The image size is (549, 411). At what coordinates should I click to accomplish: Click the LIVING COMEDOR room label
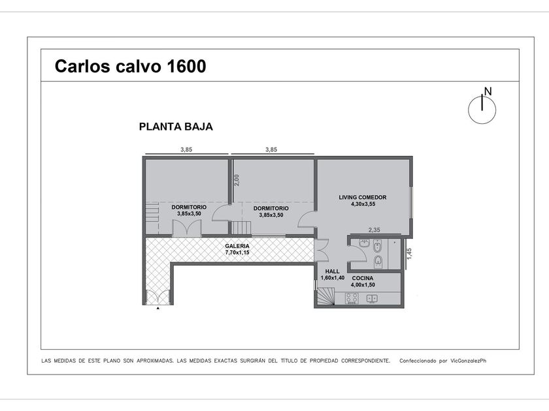(x=362, y=197)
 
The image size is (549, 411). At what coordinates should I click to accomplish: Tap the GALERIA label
(x=237, y=246)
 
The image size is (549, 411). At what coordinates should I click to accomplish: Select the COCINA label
(x=363, y=278)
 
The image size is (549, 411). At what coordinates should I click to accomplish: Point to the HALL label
(x=332, y=271)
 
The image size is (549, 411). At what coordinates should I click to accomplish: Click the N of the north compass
(x=488, y=91)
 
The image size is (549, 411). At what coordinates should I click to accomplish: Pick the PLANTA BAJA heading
(x=176, y=127)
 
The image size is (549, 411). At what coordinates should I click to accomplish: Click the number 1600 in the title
(x=187, y=66)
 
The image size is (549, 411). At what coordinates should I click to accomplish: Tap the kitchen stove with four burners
(x=352, y=299)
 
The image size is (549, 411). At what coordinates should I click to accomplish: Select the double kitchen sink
(x=372, y=299)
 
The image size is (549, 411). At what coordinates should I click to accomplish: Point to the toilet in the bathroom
(x=378, y=261)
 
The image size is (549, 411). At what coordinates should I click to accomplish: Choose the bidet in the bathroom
(x=378, y=247)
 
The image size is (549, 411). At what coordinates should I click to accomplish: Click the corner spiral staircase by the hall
(x=325, y=296)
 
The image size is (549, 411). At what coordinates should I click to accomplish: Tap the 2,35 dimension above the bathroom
(x=374, y=230)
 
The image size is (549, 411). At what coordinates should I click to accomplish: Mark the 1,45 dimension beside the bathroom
(x=409, y=254)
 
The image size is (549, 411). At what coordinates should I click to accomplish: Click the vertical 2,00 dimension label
(x=237, y=180)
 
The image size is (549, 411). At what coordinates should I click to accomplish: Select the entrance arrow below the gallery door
(x=158, y=308)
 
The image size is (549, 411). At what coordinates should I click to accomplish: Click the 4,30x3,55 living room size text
(x=363, y=204)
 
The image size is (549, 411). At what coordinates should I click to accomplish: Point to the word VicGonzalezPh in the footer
(x=469, y=361)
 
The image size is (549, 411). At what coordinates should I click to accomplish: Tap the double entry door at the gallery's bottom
(x=158, y=297)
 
